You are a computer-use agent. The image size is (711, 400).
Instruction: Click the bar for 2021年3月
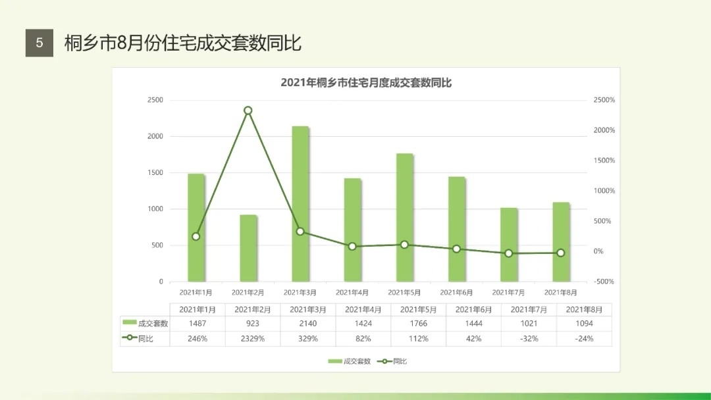300,204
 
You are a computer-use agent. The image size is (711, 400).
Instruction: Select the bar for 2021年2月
248,248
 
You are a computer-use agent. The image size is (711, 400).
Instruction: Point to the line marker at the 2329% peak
248,111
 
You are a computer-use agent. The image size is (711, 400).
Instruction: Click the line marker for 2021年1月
196,236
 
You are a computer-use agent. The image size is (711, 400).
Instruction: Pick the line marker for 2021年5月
404,245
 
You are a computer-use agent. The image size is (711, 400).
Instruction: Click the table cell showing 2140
308,323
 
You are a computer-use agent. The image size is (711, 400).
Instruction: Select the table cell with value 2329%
253,339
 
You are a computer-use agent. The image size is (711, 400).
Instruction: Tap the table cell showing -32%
529,339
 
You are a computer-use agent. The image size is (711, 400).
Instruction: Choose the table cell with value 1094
584,323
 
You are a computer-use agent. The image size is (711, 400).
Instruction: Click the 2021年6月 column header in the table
473,309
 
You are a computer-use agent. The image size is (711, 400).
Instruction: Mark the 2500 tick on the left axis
155,100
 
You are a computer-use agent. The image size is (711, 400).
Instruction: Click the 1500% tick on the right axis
604,161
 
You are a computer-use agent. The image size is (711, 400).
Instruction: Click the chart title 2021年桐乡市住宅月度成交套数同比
366,83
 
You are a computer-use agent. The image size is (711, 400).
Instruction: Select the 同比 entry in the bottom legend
395,361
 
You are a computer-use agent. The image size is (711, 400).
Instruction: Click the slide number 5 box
39,43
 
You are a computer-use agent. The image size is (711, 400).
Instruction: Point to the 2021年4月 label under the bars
352,292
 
